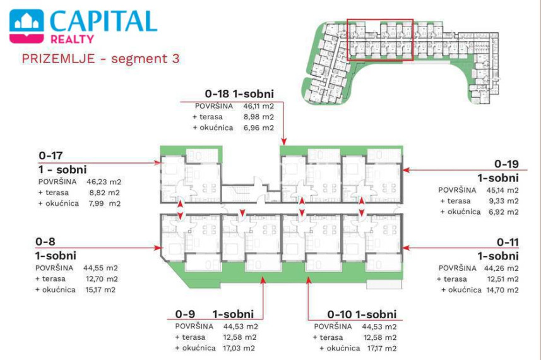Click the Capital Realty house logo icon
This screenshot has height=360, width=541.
pyautogui.click(x=27, y=26)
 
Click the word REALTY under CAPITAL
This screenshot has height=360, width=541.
pyautogui.click(x=72, y=39)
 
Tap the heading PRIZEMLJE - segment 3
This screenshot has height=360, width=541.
pyautogui.click(x=101, y=58)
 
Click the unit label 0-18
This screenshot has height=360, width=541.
pyautogui.click(x=217, y=93)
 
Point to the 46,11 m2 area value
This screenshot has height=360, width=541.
pyautogui.click(x=258, y=106)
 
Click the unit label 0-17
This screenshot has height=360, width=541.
pyautogui.click(x=51, y=155)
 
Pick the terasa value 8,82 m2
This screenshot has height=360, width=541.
pyautogui.click(x=104, y=193)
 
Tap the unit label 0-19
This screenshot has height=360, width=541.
pyautogui.click(x=506, y=164)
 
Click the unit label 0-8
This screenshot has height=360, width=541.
pyautogui.click(x=45, y=242)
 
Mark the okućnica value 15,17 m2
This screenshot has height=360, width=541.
pyautogui.click(x=100, y=290)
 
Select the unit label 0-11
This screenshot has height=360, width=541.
pyautogui.click(x=508, y=243)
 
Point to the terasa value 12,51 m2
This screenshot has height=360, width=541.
pyautogui.click(x=502, y=279)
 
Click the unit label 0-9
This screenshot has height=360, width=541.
pyautogui.click(x=185, y=314)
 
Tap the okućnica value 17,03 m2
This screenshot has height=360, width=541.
pyautogui.click(x=239, y=348)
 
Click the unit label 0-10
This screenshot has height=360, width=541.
pyautogui.click(x=340, y=315)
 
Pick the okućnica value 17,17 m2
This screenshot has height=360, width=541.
pyautogui.click(x=381, y=348)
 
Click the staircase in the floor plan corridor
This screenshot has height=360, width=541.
pyautogui.click(x=238, y=194)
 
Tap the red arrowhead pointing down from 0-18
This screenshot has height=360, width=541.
pyautogui.click(x=283, y=142)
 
